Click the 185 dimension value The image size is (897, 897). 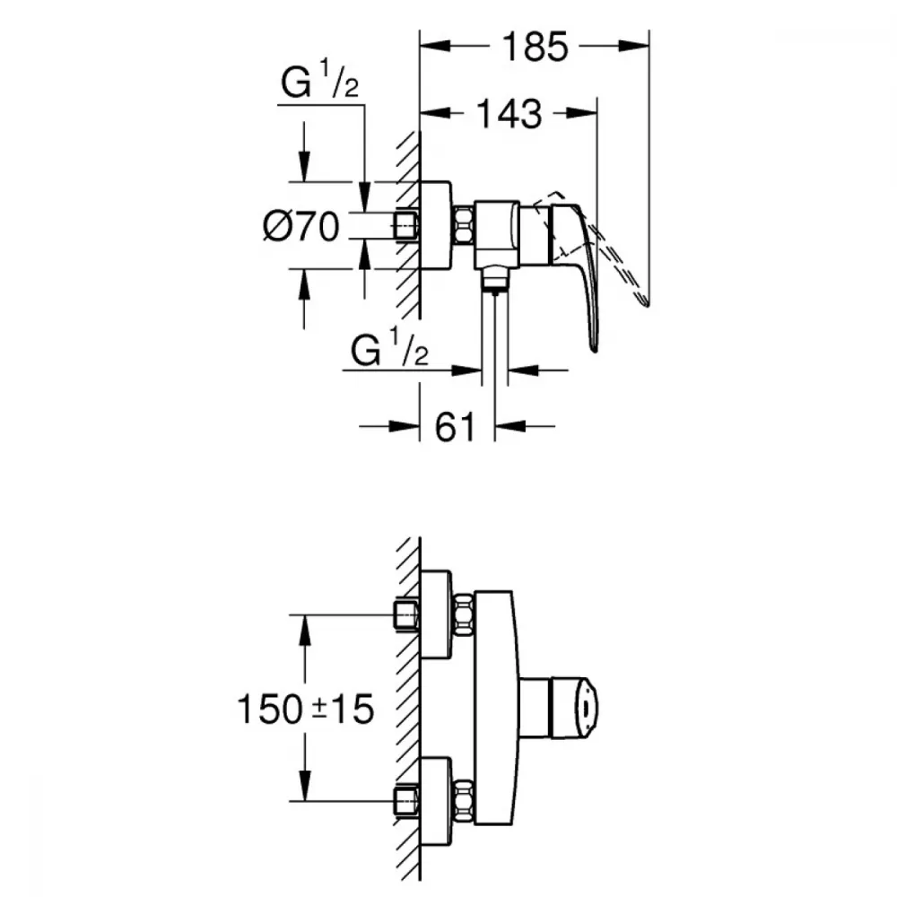point(536,47)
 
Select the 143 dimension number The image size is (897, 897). point(509,113)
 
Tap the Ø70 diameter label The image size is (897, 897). point(301,226)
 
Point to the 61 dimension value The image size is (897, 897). point(456,426)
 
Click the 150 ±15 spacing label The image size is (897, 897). point(306,709)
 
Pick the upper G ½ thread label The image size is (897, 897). point(320,80)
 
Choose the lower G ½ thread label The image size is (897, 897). point(389,348)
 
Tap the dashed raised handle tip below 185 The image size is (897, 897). point(645,300)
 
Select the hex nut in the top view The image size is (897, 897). point(464,225)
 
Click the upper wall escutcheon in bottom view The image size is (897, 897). point(436,614)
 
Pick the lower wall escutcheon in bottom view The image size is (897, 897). point(436,800)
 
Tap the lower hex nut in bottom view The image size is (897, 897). point(464,800)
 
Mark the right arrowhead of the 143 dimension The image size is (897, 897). point(582,113)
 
